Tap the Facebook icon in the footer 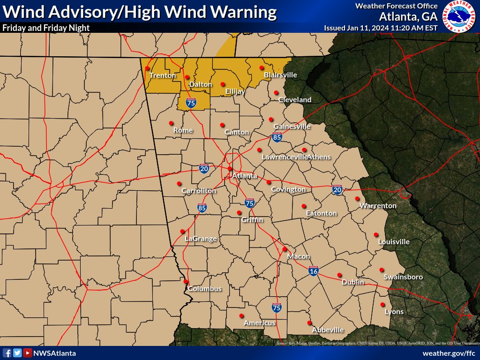point(7,353)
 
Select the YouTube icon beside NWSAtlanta point(28,353)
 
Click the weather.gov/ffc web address point(449,353)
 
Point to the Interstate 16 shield point(314,271)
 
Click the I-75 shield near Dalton point(191,103)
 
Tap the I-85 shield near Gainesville point(277,137)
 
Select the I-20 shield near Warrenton point(337,189)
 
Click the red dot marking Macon point(285,249)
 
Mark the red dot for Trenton point(148,68)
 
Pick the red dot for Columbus point(186,282)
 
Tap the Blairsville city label point(280,75)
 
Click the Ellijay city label point(235,91)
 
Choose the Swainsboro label point(403,277)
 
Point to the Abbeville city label point(328,330)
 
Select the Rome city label point(183,130)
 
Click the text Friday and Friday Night point(46,28)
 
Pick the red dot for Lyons point(382,305)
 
